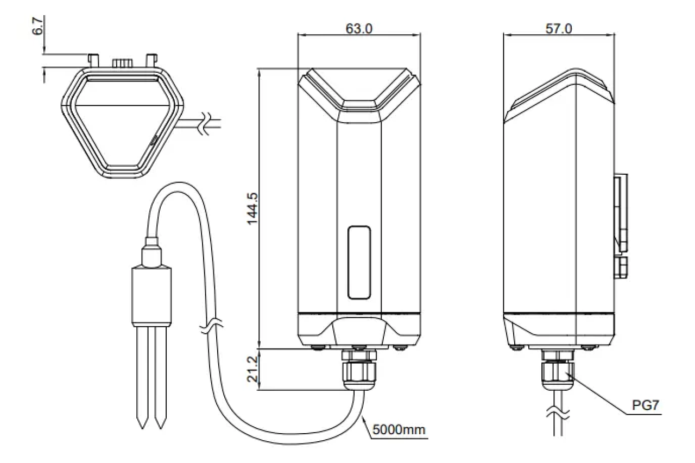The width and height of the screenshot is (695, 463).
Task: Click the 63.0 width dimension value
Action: coord(359,29)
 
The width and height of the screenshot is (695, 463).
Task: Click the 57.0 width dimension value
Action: coord(559,29)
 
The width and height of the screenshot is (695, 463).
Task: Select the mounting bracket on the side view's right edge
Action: coord(621,214)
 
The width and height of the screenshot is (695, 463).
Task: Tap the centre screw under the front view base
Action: coord(358,345)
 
